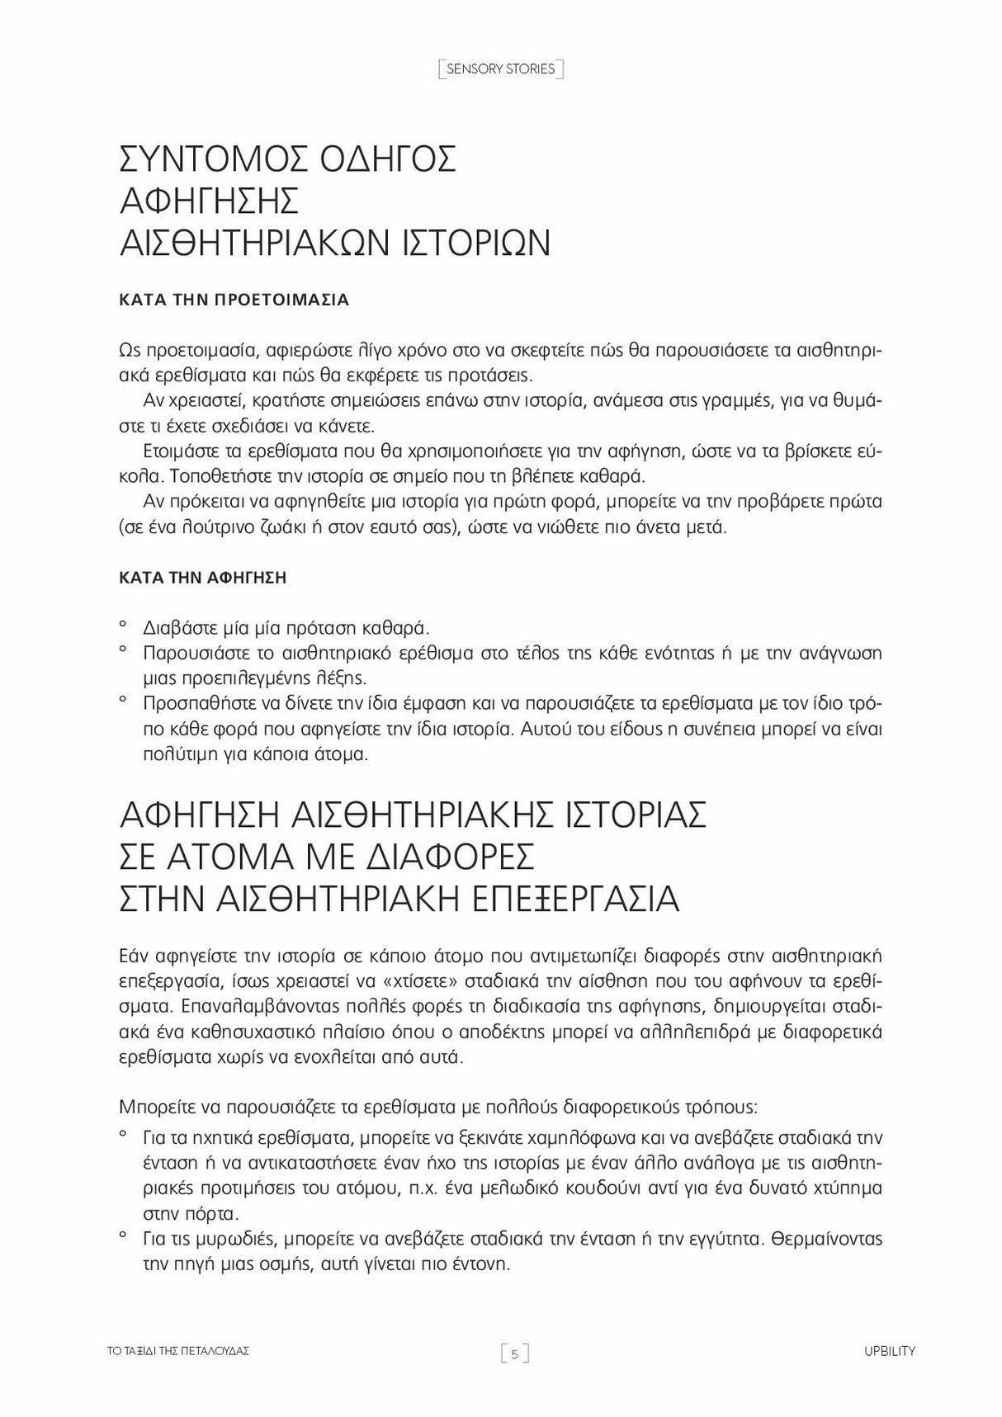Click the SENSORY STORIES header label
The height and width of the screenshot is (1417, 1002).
(x=500, y=69)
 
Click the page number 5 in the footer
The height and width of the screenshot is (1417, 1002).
(x=514, y=1353)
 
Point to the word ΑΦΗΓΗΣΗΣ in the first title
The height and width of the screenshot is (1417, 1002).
(x=208, y=201)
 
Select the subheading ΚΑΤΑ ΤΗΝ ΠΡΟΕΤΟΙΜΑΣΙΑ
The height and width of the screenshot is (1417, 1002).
(x=234, y=300)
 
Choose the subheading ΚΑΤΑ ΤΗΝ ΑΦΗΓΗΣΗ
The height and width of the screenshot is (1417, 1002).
(x=203, y=578)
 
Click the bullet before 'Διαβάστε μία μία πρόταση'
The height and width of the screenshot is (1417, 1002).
(x=123, y=625)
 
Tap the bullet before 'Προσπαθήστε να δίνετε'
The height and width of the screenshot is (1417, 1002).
(x=123, y=701)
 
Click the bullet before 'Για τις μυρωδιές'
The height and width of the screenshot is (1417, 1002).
(x=123, y=1235)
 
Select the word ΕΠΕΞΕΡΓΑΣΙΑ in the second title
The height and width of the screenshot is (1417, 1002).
(x=564, y=900)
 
